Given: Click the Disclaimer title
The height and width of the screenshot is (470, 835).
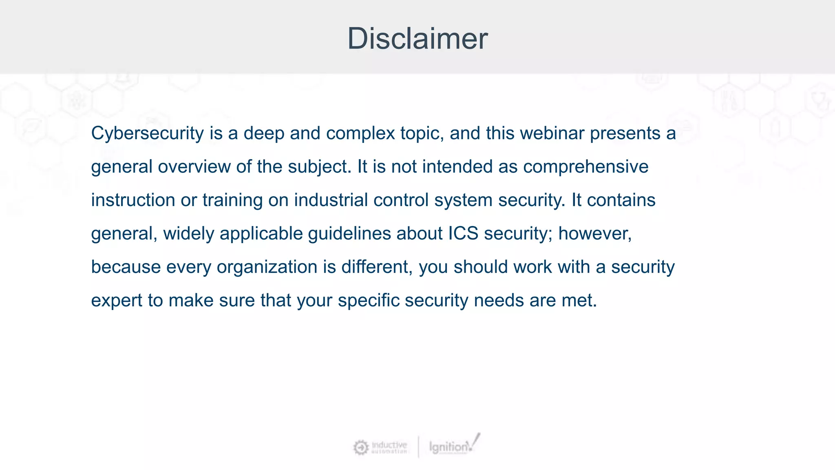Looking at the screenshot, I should pos(417,38).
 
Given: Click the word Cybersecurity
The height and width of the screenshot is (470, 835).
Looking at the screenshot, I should pos(147,133).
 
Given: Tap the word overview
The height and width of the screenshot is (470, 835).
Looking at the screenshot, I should pos(194,167).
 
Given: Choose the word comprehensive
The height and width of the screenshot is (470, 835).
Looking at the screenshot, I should pos(585,167).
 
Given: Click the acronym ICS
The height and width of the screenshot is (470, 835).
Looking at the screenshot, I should pos(463,234).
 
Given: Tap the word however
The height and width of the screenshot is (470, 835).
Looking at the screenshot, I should pos(594,234).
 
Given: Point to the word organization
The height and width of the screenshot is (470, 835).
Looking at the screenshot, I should pos(267,267).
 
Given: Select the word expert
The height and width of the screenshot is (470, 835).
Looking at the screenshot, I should pos(116,301).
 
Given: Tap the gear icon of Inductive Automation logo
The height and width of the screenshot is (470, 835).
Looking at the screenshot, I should pos(360,448).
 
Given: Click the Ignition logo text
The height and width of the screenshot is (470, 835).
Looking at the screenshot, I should pos(448,447).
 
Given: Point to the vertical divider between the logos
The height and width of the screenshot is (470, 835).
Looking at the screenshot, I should pos(418,447).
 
